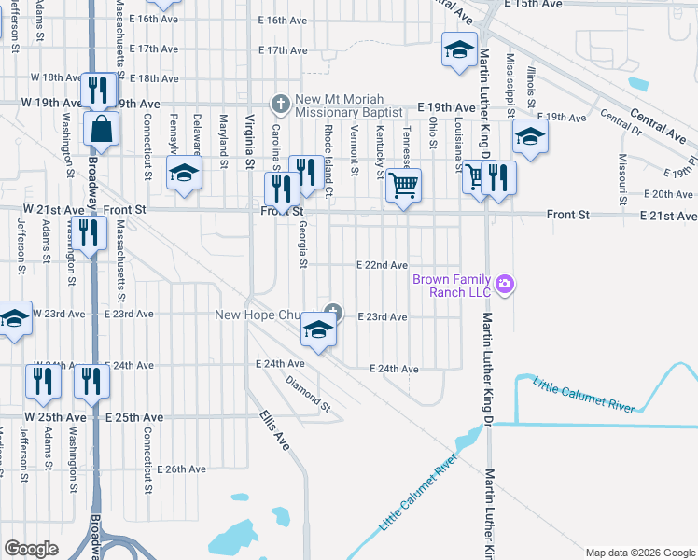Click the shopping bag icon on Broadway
click(100, 130)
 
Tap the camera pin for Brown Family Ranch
click(505, 284)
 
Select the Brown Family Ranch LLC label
click(459, 286)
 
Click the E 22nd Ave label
click(383, 265)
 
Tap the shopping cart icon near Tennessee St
click(403, 185)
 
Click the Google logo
click(32, 549)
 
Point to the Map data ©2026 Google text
click(639, 553)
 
